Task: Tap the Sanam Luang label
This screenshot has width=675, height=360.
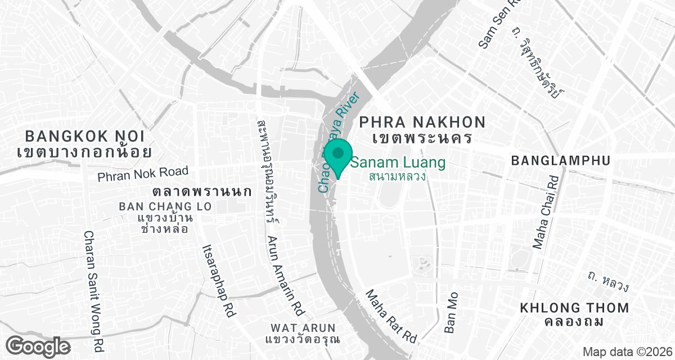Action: click(398, 163)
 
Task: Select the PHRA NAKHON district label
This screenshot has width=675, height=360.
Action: click(422, 122)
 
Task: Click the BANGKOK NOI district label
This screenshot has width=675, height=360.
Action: click(84, 136)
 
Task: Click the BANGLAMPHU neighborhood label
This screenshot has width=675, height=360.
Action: click(560, 160)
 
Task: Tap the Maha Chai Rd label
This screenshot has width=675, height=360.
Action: click(544, 212)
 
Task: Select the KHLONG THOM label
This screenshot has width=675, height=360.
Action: click(574, 308)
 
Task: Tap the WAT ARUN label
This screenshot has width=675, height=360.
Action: click(303, 328)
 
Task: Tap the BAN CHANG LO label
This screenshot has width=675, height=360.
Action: click(165, 206)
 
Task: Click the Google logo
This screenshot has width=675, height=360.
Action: click(39, 345)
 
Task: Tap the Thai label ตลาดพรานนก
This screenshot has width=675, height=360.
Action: click(201, 191)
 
